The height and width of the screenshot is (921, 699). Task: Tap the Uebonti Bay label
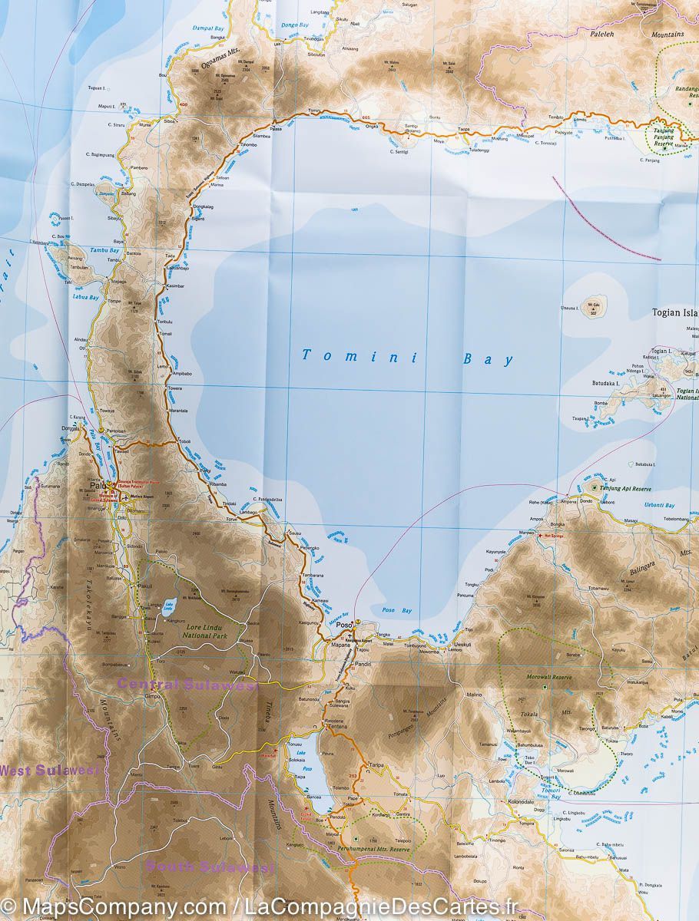(659, 505)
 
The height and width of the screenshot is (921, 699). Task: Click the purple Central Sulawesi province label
(187, 685)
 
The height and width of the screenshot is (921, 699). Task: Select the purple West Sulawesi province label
(50, 770)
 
